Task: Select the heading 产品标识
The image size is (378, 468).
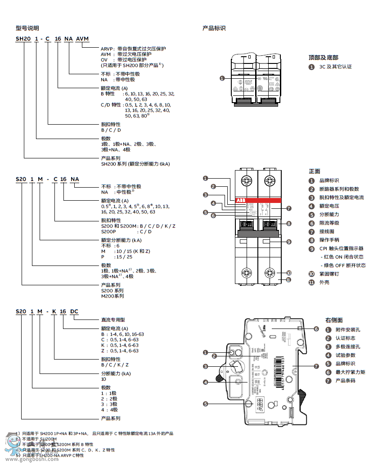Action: click(x=214, y=28)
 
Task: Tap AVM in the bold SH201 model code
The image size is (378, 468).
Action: click(x=83, y=39)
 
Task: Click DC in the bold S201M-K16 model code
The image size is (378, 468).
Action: click(x=75, y=311)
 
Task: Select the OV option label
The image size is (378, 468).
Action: click(x=104, y=59)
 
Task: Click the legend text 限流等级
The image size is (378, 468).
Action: click(x=329, y=223)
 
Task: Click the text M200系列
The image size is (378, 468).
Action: click(x=112, y=296)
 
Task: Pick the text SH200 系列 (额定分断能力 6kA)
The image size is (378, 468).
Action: click(x=135, y=164)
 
